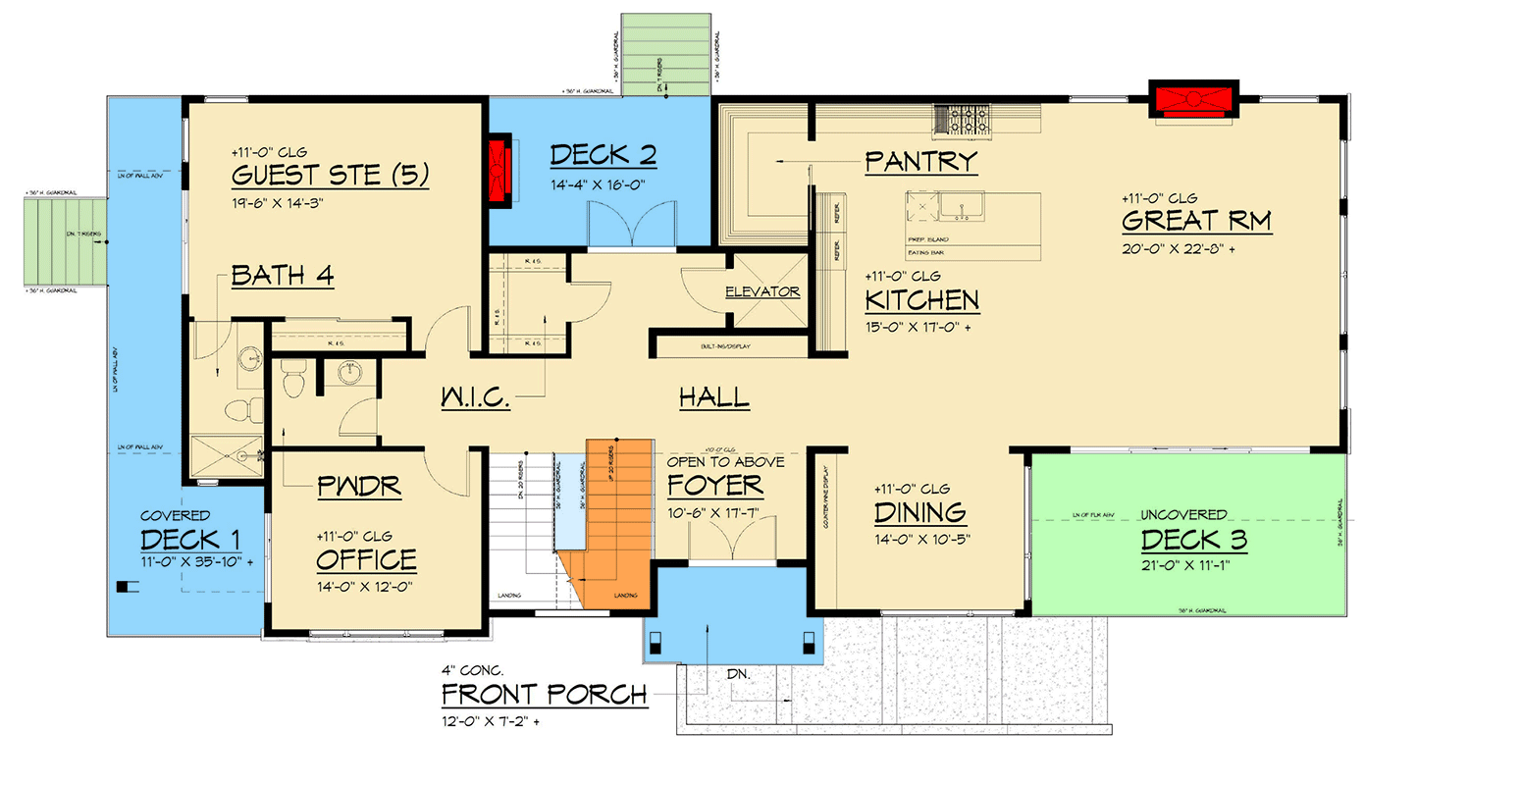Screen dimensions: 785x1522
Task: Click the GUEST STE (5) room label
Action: pos(330,176)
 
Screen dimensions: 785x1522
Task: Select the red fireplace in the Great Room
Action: pos(1193,99)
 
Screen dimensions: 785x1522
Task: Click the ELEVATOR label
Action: pos(762,291)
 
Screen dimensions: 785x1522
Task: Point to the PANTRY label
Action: pos(920,161)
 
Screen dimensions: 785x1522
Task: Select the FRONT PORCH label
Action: pos(544,695)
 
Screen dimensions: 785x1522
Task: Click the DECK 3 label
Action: pos(1194,540)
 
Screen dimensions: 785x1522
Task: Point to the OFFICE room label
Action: pos(366,559)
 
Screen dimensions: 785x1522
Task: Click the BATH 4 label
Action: pos(283,276)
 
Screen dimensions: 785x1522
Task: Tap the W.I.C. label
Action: pos(474,397)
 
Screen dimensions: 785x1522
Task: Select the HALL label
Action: pos(713,397)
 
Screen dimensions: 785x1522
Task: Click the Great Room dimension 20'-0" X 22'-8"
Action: pos(1178,249)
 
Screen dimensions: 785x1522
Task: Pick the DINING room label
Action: pos(919,512)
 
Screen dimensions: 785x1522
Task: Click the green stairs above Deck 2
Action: pos(665,54)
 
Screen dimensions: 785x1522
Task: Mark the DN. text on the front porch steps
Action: pos(740,675)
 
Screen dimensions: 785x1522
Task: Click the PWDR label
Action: pos(358,487)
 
